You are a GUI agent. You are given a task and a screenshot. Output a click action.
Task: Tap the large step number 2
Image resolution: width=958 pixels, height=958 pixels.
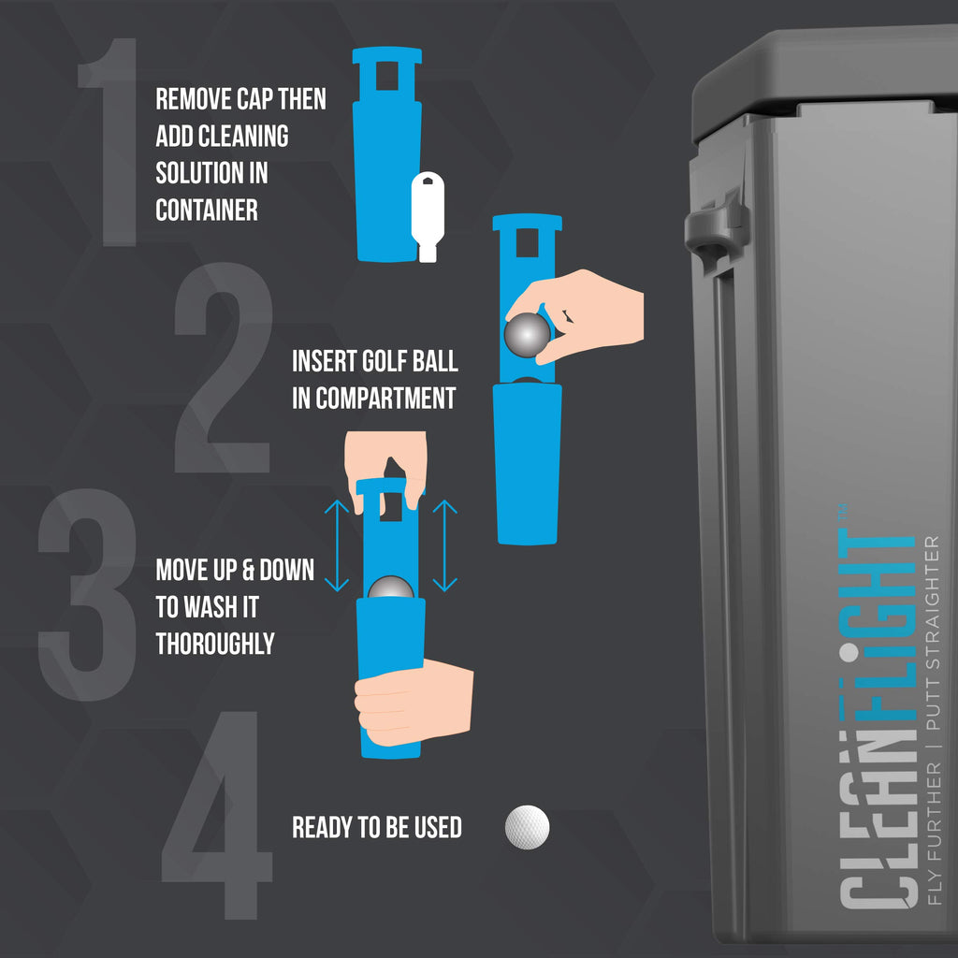(x=223, y=367)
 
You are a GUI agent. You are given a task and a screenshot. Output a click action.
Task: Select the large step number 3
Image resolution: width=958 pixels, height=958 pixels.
(x=87, y=594)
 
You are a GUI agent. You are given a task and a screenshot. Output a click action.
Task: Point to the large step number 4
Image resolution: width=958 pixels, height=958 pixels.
(x=217, y=815)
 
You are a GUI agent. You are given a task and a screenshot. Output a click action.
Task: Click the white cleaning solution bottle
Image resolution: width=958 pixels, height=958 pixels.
(x=427, y=217)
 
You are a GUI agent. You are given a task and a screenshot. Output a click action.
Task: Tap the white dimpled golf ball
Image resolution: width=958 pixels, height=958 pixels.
(x=528, y=827)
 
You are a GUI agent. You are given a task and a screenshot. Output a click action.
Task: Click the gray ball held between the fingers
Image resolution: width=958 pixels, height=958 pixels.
(x=527, y=335)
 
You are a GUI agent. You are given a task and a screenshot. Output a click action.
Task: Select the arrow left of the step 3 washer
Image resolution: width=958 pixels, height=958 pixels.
(x=337, y=545)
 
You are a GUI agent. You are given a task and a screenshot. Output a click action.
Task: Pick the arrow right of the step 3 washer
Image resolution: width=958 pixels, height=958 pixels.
(x=444, y=545)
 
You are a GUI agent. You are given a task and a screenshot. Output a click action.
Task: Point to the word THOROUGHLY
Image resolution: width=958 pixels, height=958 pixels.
(x=215, y=644)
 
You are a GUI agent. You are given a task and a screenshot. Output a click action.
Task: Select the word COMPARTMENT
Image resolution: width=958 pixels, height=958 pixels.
(x=385, y=399)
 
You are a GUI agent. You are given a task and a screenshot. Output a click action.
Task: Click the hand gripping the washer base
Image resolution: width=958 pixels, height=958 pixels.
(x=414, y=703)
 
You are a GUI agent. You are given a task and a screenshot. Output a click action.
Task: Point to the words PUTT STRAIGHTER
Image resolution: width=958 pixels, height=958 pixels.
(x=933, y=633)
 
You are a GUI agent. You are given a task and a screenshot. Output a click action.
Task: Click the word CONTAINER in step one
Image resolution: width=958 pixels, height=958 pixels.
(x=207, y=210)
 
